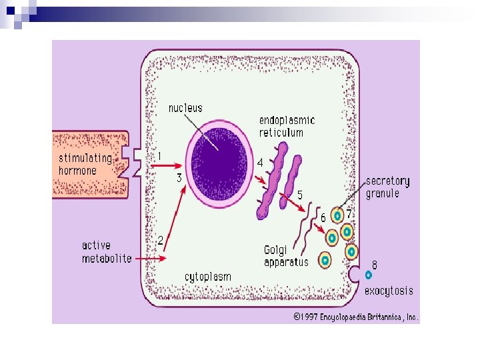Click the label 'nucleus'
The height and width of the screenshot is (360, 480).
pos(185,108)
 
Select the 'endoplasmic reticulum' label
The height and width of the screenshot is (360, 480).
pos(287,127)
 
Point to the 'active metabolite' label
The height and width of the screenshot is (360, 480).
pos(107,252)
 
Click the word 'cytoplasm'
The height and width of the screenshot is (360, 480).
pos(207,277)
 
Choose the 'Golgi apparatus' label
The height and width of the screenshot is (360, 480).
pos(286,256)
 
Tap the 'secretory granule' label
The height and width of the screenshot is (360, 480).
pos(387,187)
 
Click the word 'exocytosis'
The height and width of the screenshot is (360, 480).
pos(389,291)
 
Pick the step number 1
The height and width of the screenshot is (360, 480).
pos(159,156)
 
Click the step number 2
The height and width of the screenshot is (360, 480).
pos(160,239)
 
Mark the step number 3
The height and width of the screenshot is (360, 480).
pos(179,178)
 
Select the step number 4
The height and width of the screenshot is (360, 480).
pos(260,162)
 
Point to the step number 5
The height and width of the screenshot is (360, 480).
pos(300,195)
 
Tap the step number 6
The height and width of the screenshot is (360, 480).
pos(323,217)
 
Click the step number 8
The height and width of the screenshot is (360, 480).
pos(375,265)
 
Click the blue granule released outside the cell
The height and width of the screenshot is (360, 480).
pos(369,275)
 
